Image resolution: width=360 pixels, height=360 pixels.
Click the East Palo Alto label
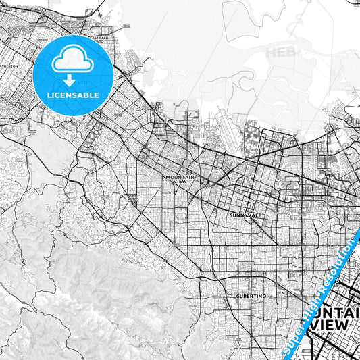pos(101,34)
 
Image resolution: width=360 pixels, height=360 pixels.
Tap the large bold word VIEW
pos(330,324)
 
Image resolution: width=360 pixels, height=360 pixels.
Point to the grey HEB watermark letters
pos(279,51)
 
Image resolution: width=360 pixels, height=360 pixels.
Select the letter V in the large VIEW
pos(314,324)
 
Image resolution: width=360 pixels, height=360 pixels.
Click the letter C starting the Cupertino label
pos(238,296)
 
